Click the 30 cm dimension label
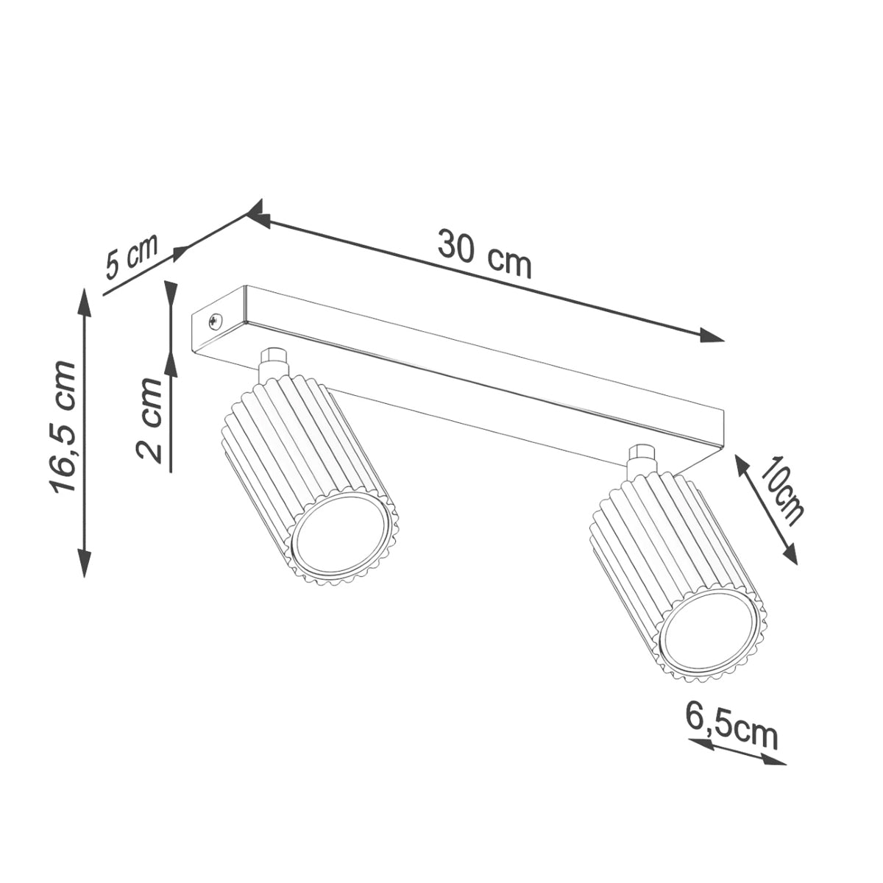pyautogui.click(x=484, y=254)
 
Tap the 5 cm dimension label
pyautogui.click(x=132, y=258)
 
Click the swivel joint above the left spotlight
pyautogui.click(x=273, y=361)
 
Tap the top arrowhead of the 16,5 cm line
pyautogui.click(x=85, y=300)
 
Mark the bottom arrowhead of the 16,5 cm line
pyautogui.click(x=85, y=564)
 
